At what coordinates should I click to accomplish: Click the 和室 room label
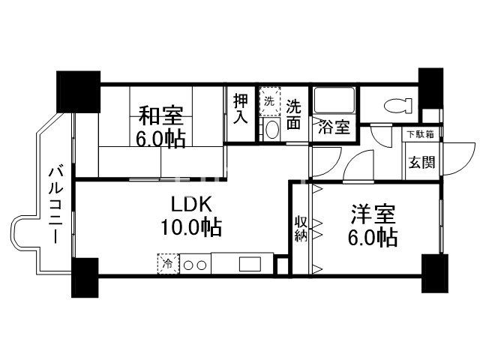click(x=160, y=117)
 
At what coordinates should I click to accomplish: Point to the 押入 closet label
click(x=240, y=109)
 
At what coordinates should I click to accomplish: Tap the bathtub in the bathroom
click(x=334, y=102)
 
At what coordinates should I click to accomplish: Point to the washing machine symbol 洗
click(x=269, y=100)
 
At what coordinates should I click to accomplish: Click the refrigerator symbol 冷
click(x=168, y=263)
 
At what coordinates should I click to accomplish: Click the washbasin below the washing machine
click(x=271, y=130)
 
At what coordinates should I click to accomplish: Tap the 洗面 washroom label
click(x=293, y=113)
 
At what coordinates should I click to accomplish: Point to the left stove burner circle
click(x=189, y=264)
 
